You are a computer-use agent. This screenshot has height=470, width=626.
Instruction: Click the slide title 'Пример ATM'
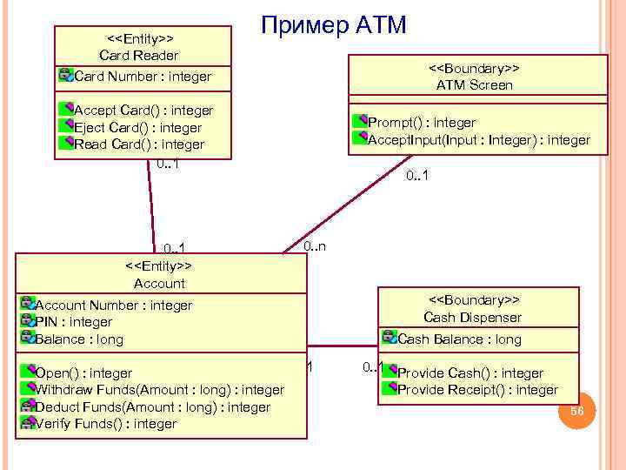click(x=334, y=24)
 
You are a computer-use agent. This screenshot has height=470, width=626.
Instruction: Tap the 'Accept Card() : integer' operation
click(x=143, y=111)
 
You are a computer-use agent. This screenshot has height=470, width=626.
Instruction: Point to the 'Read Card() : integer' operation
click(x=138, y=144)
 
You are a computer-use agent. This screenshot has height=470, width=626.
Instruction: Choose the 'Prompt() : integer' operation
click(x=421, y=122)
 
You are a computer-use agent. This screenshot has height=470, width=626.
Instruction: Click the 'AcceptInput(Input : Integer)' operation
click(x=478, y=139)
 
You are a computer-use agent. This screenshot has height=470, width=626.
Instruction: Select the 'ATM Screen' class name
click(x=474, y=85)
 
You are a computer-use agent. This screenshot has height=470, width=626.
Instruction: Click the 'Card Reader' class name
click(x=139, y=56)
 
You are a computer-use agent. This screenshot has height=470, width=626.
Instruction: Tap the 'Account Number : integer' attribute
click(x=113, y=305)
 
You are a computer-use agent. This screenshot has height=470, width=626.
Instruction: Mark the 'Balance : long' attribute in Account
click(x=78, y=339)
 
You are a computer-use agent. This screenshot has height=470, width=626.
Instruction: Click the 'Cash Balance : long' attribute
click(x=458, y=339)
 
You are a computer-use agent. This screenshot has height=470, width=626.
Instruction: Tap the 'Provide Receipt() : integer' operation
click(x=476, y=390)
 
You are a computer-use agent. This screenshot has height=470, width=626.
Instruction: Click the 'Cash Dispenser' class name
click(x=472, y=318)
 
